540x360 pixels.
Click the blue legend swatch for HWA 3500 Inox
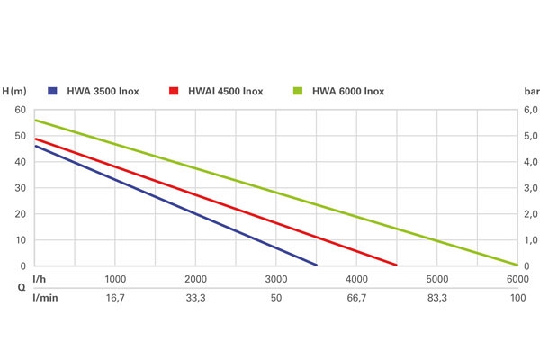(52, 91)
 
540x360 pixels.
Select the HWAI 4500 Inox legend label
(225, 91)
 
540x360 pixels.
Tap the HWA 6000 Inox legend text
(348, 91)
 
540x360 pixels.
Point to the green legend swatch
(297, 91)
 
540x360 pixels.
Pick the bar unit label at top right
(530, 91)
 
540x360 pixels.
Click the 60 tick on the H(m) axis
(20, 111)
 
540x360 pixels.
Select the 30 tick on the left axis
(20, 189)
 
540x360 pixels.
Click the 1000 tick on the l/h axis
(115, 280)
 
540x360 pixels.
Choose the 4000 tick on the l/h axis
(356, 280)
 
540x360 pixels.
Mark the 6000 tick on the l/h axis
(517, 280)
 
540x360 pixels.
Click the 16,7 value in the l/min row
(115, 296)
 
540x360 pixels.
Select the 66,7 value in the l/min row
(356, 296)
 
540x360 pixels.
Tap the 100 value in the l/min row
(517, 296)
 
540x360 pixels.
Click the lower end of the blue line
(317, 265)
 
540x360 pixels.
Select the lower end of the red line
(397, 265)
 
